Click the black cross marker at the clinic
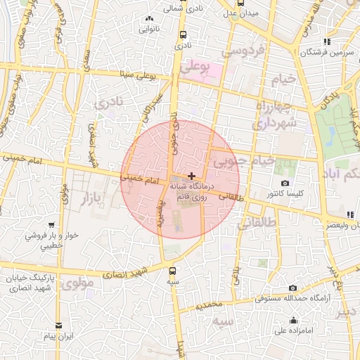tap(191, 174)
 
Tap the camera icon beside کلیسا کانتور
tap(285, 184)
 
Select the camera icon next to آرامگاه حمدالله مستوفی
tap(292, 288)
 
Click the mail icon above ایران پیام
tap(58, 326)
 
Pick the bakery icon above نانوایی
tap(148, 19)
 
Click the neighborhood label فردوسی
tap(243, 51)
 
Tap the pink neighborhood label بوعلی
tap(195, 67)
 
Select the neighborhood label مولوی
tap(76, 284)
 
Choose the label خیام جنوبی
tap(243, 162)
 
